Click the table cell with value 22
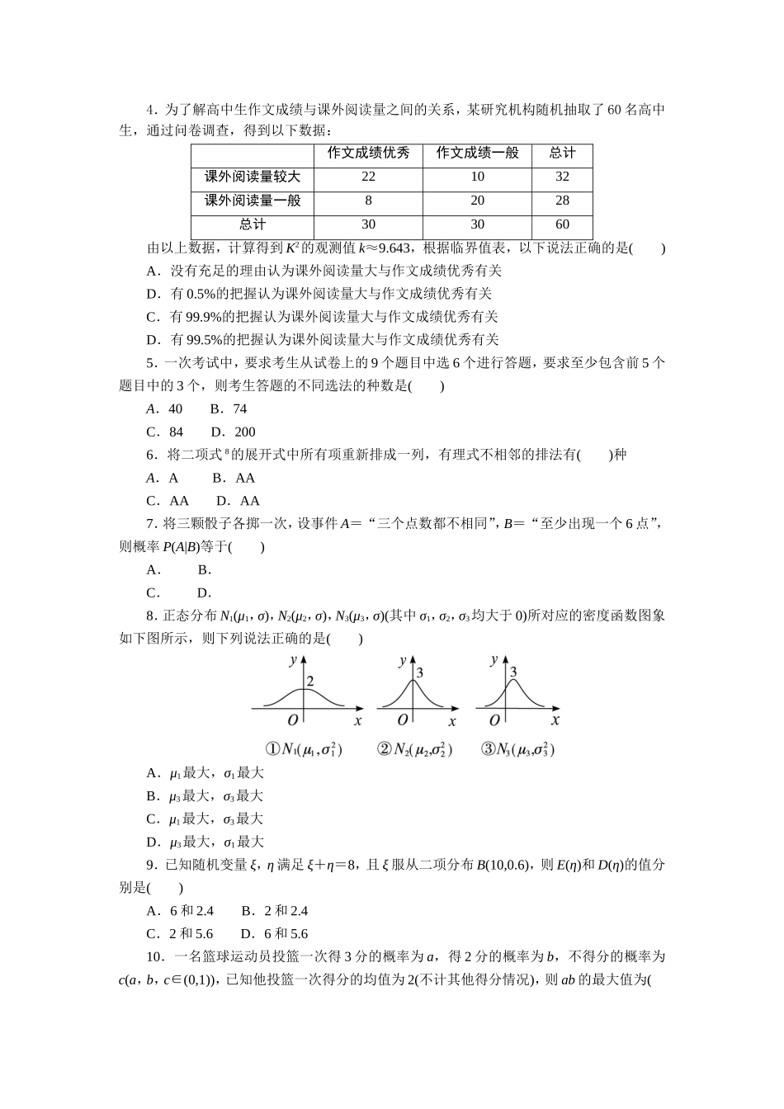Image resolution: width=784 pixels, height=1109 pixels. click(368, 177)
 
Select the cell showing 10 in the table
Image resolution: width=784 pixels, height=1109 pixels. click(478, 177)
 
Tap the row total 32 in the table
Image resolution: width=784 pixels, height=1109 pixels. click(563, 177)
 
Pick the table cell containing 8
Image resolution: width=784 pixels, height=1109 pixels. click(368, 201)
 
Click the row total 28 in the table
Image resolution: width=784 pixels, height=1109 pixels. click(563, 201)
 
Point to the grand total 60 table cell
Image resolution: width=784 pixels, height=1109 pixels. click(563, 224)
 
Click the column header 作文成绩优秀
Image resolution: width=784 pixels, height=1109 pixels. click(368, 153)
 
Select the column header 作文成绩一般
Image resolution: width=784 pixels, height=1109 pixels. click(478, 153)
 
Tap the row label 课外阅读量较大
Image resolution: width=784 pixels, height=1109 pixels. click(253, 177)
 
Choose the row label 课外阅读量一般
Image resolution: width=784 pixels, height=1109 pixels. click(253, 201)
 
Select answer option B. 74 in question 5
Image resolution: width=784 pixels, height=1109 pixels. click(229, 408)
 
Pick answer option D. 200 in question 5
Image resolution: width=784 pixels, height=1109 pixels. click(234, 432)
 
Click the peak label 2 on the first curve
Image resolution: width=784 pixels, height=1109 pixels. click(310, 682)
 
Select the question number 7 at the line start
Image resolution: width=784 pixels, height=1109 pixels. click(149, 523)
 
